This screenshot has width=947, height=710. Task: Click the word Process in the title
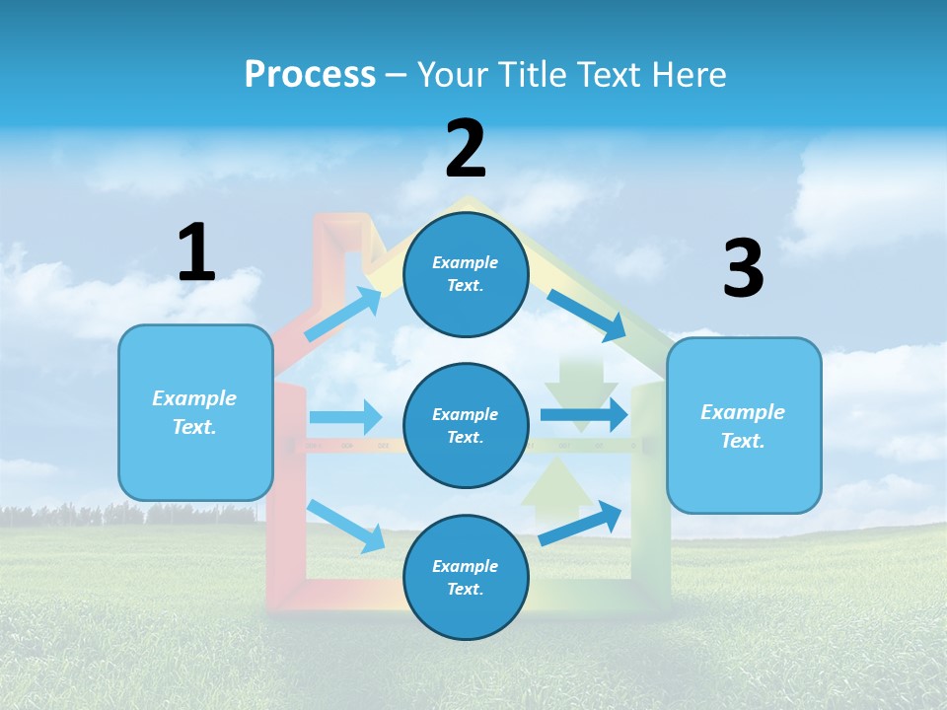pyautogui.click(x=310, y=75)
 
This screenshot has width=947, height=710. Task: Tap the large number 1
pyautogui.click(x=196, y=252)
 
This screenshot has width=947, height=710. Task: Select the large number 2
pyautogui.click(x=466, y=150)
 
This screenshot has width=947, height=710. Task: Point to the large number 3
pyautogui.click(x=744, y=269)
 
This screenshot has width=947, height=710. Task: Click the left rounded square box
pyautogui.click(x=195, y=412)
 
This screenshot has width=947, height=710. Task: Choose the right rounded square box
pyautogui.click(x=744, y=425)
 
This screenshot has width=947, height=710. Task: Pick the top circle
pyautogui.click(x=466, y=274)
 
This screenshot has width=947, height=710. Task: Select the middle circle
pyautogui.click(x=466, y=426)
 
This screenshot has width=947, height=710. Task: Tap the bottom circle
pyautogui.click(x=466, y=578)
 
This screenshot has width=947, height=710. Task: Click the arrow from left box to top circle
pyautogui.click(x=343, y=314)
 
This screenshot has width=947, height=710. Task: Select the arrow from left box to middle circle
pyautogui.click(x=345, y=417)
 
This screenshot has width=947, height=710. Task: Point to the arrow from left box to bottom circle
pyautogui.click(x=345, y=525)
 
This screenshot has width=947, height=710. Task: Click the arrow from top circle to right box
pyautogui.click(x=586, y=313)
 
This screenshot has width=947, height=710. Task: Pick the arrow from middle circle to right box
pyautogui.click(x=583, y=415)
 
